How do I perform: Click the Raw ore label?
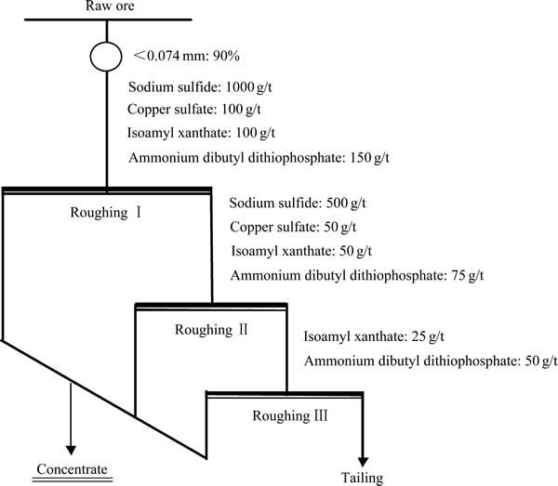click(110, 6)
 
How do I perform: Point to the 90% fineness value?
click(226, 56)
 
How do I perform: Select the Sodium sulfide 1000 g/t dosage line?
click(200, 87)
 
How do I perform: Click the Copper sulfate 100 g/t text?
click(194, 109)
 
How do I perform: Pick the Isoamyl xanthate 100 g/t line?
click(201, 133)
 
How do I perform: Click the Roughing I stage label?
click(106, 213)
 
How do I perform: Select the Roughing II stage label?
click(211, 330)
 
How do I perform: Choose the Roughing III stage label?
click(290, 415)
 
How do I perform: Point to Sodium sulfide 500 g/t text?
click(298, 203)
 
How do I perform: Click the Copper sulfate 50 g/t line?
click(293, 227)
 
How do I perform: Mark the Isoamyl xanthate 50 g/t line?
click(301, 251)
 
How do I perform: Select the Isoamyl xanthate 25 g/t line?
click(374, 336)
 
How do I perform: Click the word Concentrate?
click(72, 469)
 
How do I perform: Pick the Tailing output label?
click(363, 479)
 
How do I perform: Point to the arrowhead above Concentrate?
click(71, 450)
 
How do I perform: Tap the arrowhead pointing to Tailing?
click(363, 462)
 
